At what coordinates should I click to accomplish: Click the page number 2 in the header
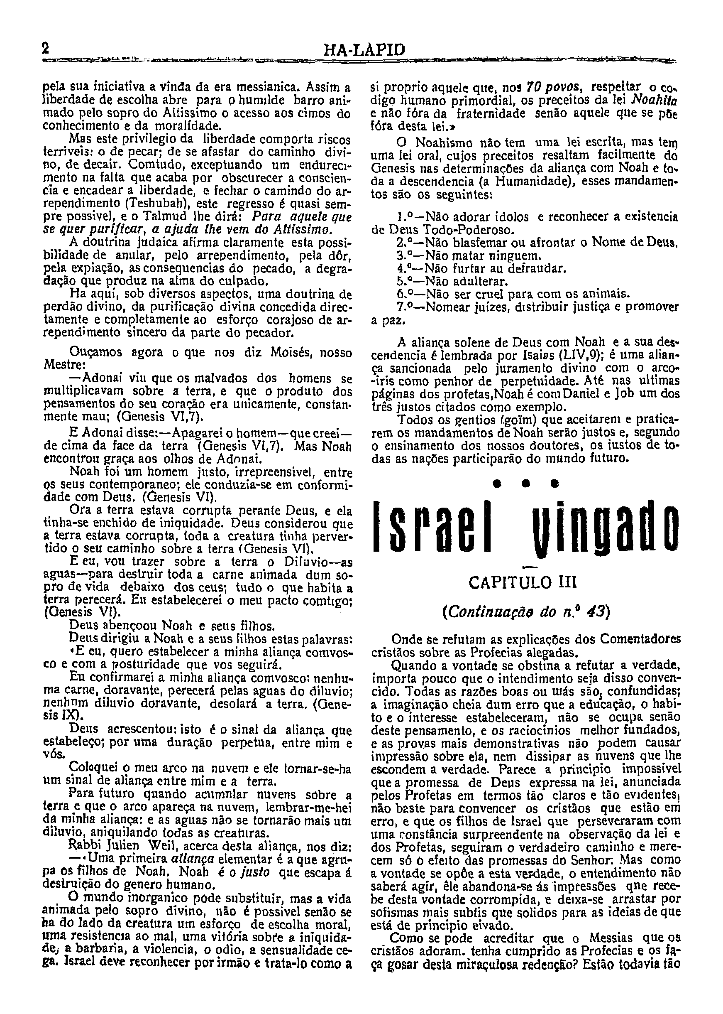[x=45, y=48]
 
